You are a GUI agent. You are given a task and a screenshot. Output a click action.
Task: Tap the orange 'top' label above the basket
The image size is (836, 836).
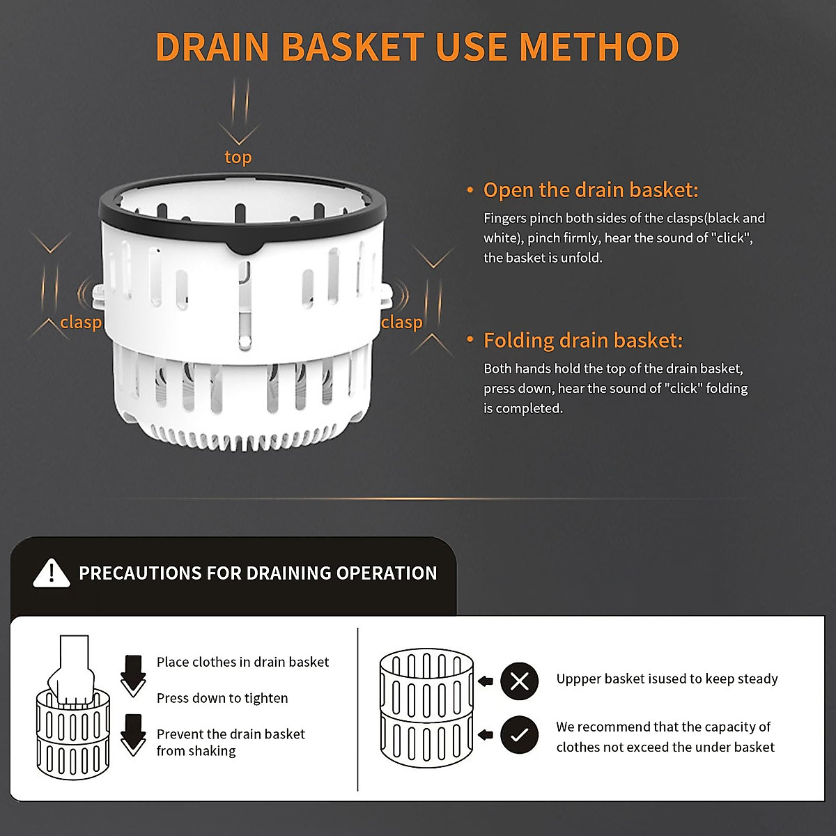[x=238, y=157]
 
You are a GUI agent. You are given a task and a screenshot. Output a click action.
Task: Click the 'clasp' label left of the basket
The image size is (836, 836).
[x=81, y=322]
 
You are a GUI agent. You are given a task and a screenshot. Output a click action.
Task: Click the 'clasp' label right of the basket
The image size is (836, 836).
[x=401, y=322]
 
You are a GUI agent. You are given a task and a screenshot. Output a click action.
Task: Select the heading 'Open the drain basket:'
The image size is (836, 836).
[x=590, y=190]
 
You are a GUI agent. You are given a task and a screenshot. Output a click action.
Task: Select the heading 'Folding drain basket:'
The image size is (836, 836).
[x=582, y=341]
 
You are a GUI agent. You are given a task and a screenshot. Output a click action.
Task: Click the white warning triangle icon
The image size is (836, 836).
[x=52, y=573]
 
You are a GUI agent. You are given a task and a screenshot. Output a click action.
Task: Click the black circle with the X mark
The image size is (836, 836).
[x=519, y=681]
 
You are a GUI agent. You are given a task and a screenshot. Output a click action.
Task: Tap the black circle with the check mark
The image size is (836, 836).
[x=519, y=734]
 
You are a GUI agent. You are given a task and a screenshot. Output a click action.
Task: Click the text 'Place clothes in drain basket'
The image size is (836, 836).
[x=242, y=662]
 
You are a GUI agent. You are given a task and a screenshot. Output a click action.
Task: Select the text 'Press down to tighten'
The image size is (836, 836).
[x=222, y=698]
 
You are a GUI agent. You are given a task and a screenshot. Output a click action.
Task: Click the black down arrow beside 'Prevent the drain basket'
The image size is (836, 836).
[x=132, y=734]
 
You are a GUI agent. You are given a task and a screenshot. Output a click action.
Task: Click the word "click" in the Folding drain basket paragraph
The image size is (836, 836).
[x=683, y=389]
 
